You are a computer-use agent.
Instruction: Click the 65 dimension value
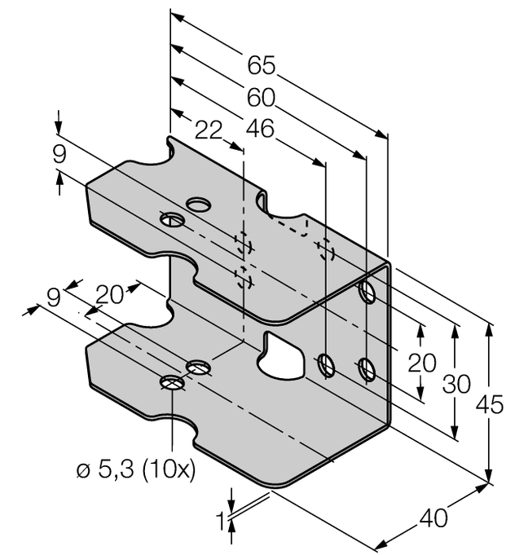(261, 64)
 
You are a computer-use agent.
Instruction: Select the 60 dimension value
(262, 97)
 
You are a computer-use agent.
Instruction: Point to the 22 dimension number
(209, 129)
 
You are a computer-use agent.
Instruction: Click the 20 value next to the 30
(421, 363)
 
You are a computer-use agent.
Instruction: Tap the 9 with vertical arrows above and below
(58, 154)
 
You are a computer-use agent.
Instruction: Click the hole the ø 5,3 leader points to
(172, 383)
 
